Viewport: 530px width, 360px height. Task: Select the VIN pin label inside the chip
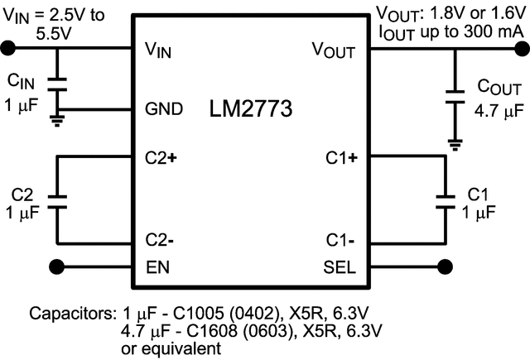coord(158,50)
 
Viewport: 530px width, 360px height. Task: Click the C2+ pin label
coord(161,156)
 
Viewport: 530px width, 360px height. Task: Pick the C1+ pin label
coord(340,156)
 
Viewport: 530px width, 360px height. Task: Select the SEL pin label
coord(340,266)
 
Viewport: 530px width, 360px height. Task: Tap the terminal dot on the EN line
coord(57,266)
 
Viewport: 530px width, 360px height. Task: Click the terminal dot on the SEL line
coord(446,266)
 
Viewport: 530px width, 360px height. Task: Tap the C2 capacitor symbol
coord(57,199)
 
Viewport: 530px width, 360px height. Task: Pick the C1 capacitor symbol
coord(446,199)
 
